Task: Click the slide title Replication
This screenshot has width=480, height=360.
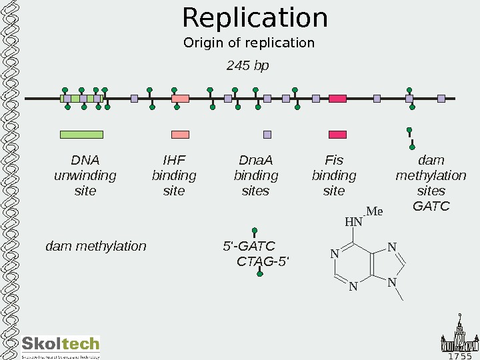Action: (255, 18)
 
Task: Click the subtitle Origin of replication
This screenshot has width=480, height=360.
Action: (249, 43)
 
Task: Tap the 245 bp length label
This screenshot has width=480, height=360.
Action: (247, 66)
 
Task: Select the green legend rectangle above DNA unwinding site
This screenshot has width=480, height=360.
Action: (81, 135)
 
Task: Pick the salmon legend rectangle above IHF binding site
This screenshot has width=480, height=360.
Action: (180, 135)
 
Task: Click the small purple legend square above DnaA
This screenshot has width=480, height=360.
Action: (267, 135)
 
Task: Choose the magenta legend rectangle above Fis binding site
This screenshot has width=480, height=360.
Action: (337, 135)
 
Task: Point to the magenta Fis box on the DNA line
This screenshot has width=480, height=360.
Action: (337, 99)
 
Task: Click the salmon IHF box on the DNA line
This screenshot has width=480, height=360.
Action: (180, 99)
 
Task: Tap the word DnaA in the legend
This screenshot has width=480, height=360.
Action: (256, 160)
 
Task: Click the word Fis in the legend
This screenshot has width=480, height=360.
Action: (333, 160)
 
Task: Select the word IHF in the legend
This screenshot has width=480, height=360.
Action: (174, 160)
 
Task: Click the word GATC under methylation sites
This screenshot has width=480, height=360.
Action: (431, 206)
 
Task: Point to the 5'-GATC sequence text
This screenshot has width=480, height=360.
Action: (248, 246)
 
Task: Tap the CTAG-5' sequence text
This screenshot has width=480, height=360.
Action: (263, 261)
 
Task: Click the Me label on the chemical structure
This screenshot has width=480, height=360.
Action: (375, 212)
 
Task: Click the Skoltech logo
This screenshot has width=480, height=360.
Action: (61, 346)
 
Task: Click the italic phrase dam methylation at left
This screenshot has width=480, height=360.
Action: (95, 246)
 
